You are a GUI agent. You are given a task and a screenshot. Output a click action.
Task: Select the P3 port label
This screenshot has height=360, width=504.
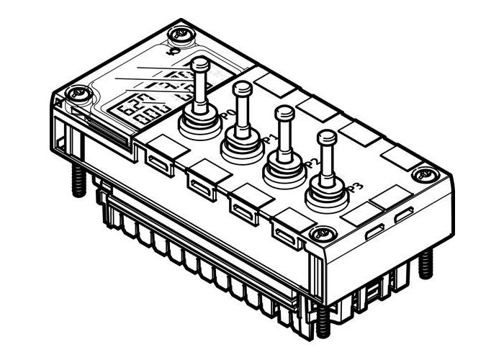click(354, 189)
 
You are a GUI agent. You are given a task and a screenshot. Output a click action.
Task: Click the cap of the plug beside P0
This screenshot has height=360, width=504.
click(201, 65)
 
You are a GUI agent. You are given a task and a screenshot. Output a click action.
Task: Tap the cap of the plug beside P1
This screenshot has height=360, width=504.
click(243, 88)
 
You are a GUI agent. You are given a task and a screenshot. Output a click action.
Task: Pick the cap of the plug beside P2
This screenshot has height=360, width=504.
click(285, 112)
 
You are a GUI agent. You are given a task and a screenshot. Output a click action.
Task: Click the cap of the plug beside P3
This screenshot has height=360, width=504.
click(328, 137)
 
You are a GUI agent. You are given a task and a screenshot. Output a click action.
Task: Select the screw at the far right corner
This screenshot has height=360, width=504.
click(425, 174)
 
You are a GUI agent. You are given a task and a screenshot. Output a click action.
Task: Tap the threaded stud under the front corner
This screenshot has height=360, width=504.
click(320, 320)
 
